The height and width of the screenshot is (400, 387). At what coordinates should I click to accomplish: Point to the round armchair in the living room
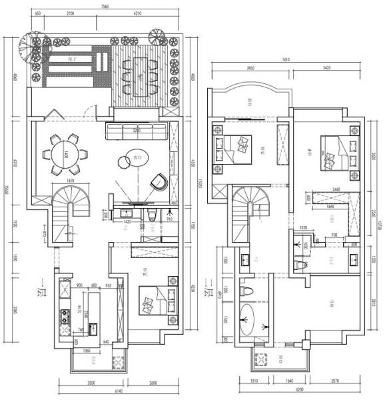[158, 181]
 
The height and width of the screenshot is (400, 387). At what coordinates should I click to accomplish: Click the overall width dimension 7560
[105, 6]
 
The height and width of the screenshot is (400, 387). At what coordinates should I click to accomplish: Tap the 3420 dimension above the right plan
[327, 68]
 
